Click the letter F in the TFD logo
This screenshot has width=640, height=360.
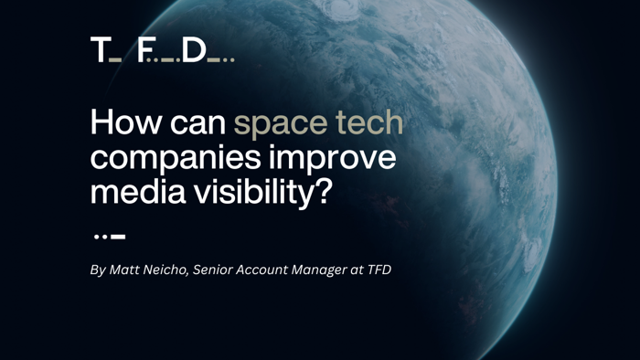tap(144, 50)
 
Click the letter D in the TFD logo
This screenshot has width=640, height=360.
tap(194, 50)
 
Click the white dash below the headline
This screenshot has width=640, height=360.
tap(117, 236)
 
